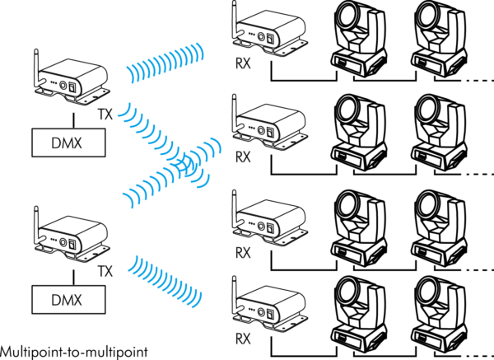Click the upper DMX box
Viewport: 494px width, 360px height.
point(68,143)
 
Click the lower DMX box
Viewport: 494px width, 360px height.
point(68,300)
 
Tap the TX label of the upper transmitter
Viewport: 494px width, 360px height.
point(105,115)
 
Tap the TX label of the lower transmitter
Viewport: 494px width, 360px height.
point(105,271)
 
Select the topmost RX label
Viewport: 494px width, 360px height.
point(243,63)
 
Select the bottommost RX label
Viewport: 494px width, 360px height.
point(243,339)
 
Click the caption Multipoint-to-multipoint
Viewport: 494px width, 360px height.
point(74,353)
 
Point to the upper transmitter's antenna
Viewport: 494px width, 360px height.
point(37,68)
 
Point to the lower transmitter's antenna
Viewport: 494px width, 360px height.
point(37,226)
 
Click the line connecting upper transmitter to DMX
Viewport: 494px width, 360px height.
point(74,120)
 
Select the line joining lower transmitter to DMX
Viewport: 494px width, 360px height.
point(74,278)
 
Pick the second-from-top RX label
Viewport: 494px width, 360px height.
point(243,157)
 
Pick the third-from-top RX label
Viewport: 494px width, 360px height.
point(243,253)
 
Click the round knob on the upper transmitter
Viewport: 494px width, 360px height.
point(63,86)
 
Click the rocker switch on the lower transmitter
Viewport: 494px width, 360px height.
point(72,245)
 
